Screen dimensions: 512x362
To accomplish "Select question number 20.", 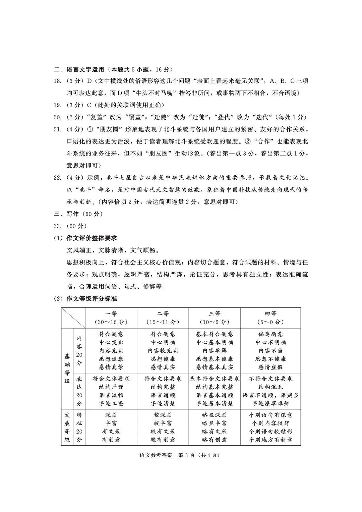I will coord(57,117).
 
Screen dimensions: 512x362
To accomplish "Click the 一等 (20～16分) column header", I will coord(111,318).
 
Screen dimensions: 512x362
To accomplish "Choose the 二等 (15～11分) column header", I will coord(163,318).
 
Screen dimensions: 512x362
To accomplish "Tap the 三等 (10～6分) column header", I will coord(215,318).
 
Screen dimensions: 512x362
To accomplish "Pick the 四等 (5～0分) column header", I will coord(270,318).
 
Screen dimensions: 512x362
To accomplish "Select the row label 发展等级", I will coord(67,427).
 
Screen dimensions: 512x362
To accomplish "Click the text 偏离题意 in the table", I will coord(270,334).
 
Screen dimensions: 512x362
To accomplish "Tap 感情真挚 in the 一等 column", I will coord(111,367).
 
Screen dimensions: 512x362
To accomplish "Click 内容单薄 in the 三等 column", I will coord(215,350).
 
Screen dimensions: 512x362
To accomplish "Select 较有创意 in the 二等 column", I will coord(163,440).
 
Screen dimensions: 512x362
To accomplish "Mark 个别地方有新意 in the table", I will coord(270,440).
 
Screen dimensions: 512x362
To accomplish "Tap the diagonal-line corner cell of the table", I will coord(73,318).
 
